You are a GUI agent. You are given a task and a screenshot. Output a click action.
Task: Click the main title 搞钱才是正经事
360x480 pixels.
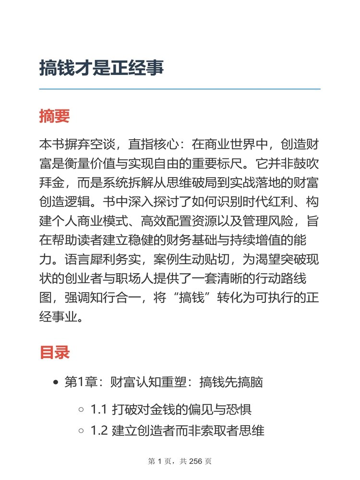pyautogui.click(x=101, y=68)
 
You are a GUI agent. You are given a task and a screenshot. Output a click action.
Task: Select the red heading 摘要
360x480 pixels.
pyautogui.click(x=54, y=116)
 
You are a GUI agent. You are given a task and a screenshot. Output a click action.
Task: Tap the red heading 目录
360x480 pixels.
pyautogui.click(x=54, y=352)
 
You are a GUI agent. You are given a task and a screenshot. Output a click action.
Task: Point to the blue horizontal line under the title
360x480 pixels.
pyautogui.click(x=180, y=89)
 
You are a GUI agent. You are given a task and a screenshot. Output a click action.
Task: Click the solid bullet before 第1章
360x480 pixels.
pyautogui.click(x=56, y=383)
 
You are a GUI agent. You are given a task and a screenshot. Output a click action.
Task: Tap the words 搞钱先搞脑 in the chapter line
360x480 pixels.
pyautogui.click(x=231, y=383)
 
